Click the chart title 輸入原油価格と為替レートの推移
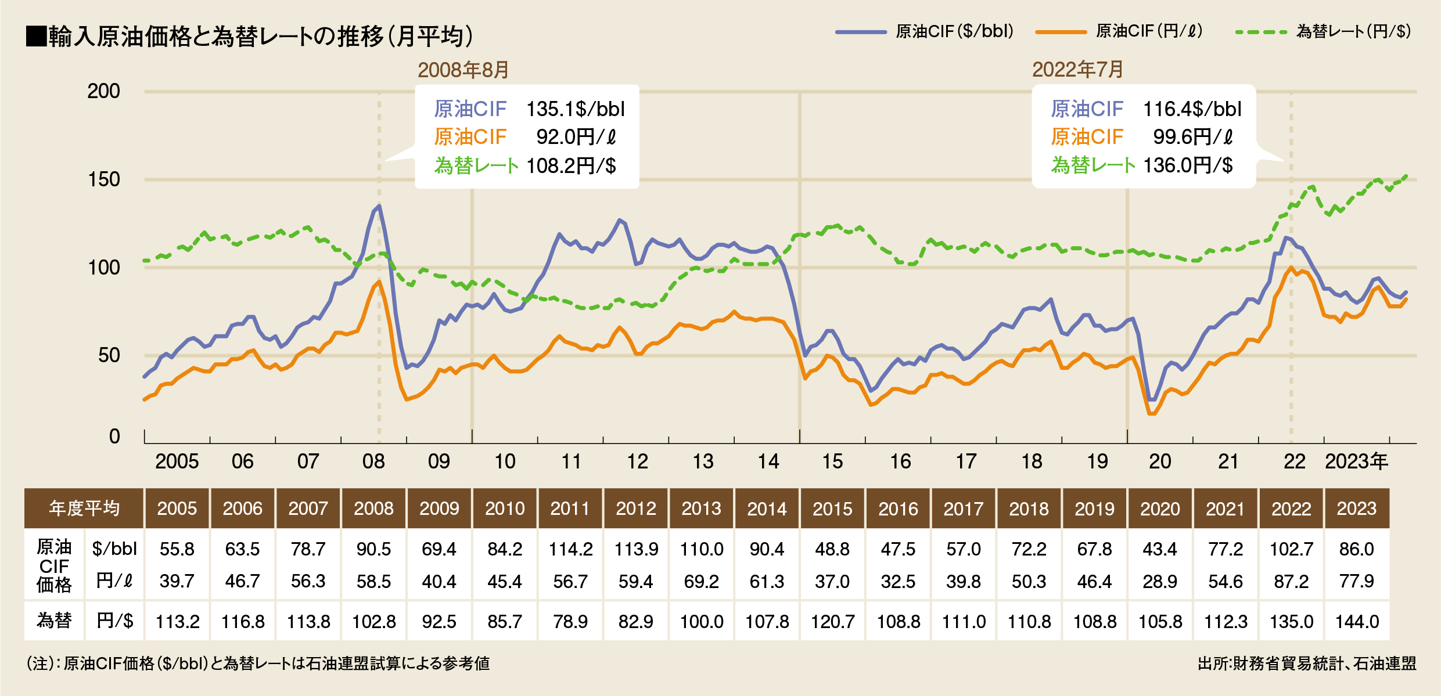(x=250, y=36)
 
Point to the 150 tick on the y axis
(x=104, y=179)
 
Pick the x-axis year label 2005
(x=177, y=461)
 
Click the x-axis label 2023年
(x=1356, y=461)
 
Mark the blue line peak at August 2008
(x=379, y=205)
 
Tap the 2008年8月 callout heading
(x=463, y=70)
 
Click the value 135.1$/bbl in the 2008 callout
(x=575, y=109)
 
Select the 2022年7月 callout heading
(x=1077, y=70)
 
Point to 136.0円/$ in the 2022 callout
(x=1188, y=165)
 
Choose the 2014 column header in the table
(x=767, y=509)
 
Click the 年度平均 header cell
(x=84, y=509)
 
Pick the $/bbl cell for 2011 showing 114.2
(x=570, y=549)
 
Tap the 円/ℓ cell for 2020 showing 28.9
(x=1160, y=581)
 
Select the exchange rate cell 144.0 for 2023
(x=1357, y=622)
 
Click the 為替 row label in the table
(x=54, y=621)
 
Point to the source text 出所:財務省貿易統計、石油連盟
(x=1307, y=663)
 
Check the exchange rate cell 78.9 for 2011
(x=570, y=622)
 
